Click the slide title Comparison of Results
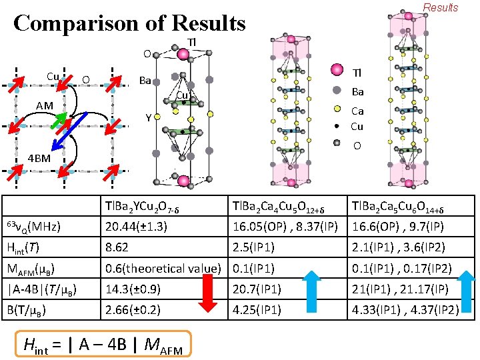(129, 23)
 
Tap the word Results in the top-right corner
(441, 8)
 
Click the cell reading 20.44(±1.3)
(136, 227)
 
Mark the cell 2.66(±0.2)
(135, 310)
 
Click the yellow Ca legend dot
(337, 111)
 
